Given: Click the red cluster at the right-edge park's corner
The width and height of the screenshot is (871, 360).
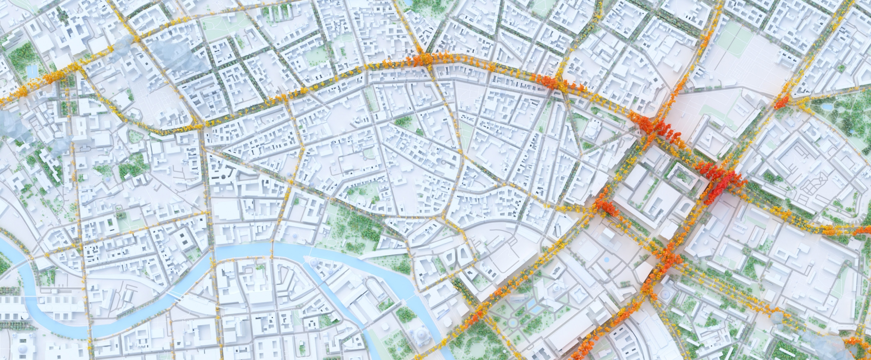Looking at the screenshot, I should [782, 101].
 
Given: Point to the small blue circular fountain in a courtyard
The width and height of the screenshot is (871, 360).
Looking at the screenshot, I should [606, 260].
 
